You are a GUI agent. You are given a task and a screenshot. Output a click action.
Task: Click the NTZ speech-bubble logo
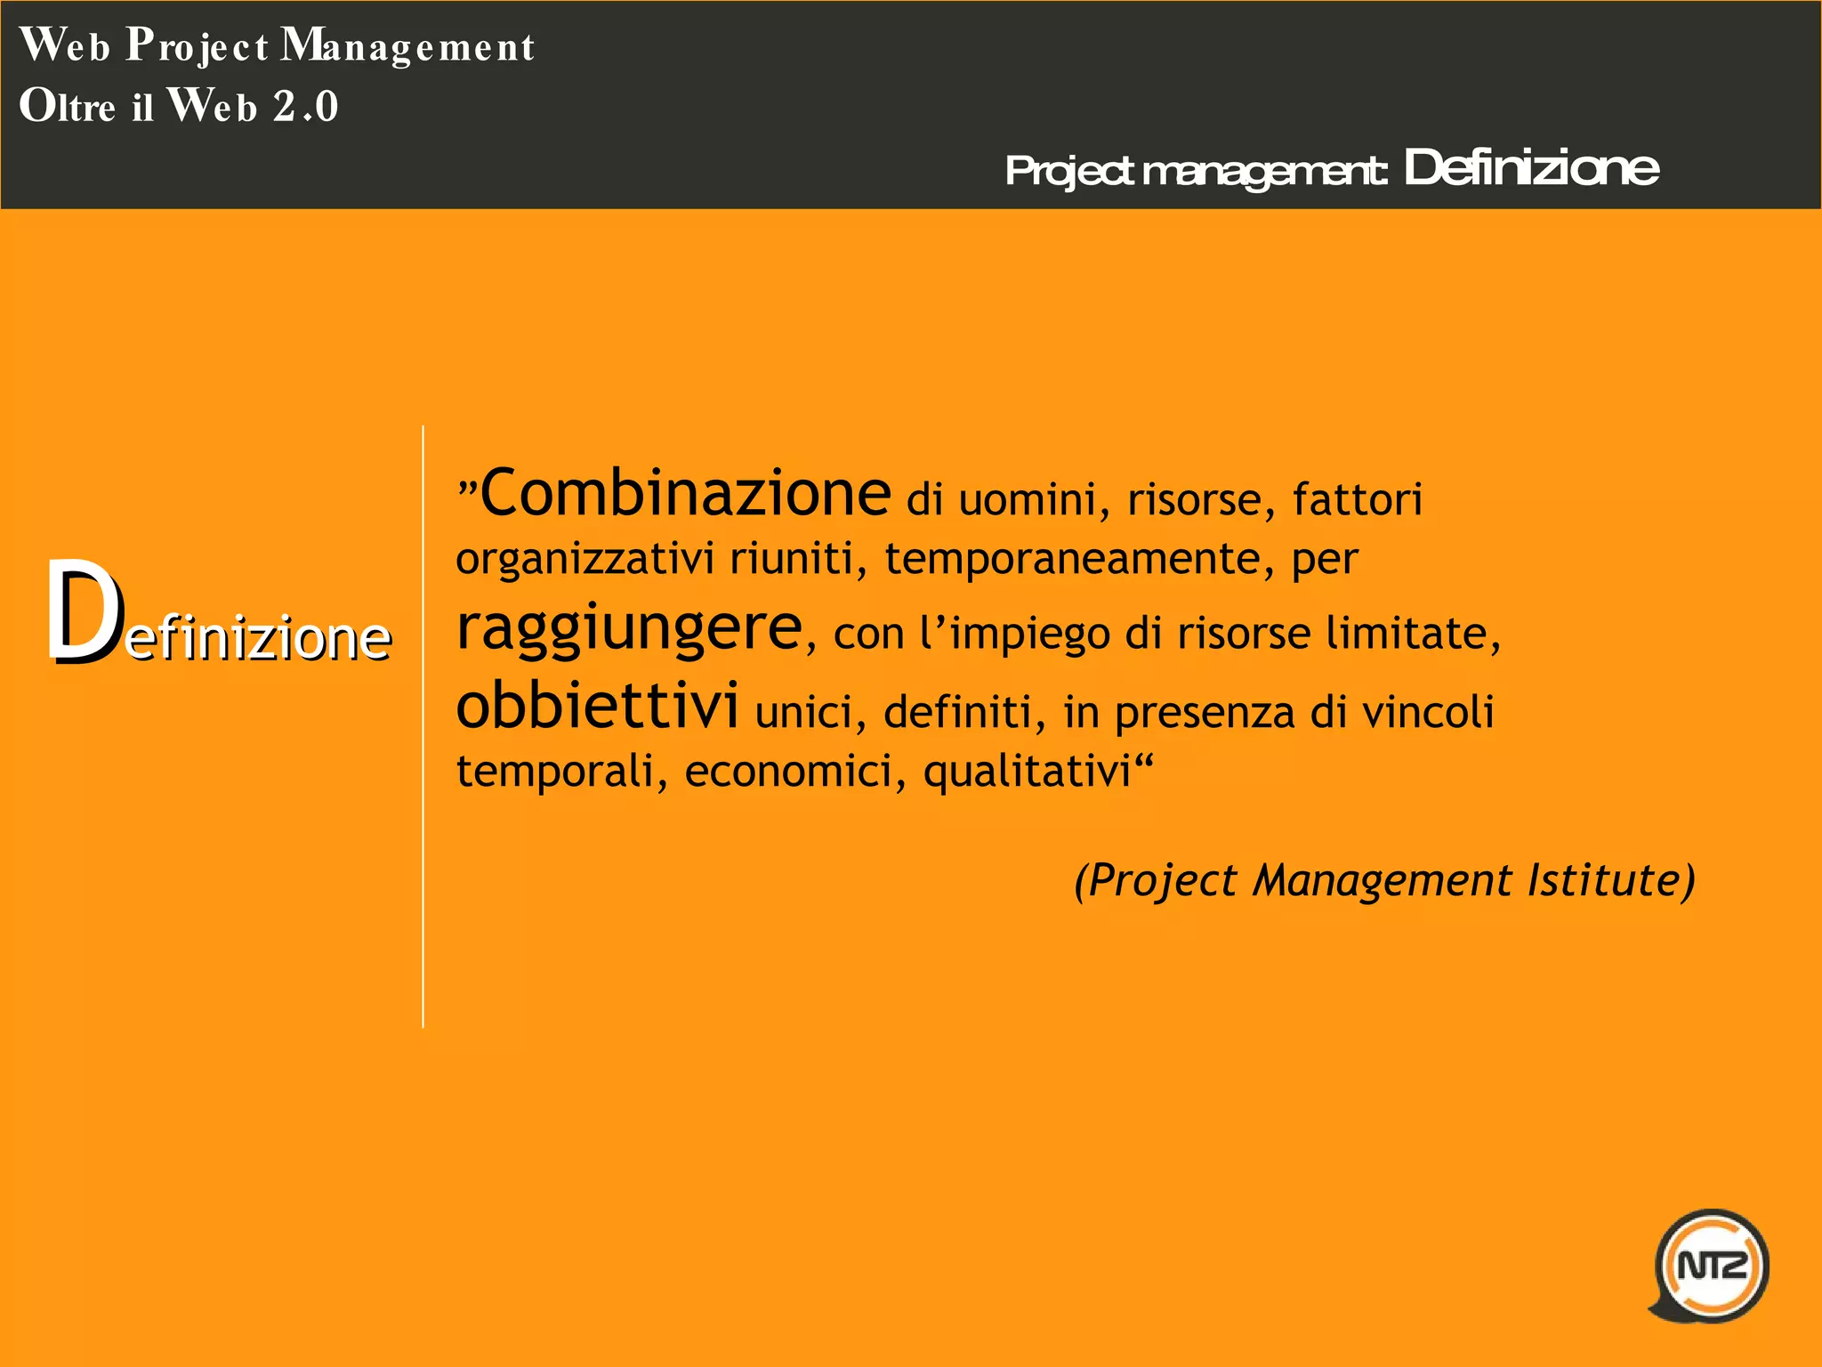tap(1711, 1265)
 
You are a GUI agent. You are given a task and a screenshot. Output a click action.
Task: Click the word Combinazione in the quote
tap(685, 493)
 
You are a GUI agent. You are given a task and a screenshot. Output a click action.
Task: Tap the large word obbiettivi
tap(597, 705)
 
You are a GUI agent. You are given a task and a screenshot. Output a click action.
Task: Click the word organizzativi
tap(584, 560)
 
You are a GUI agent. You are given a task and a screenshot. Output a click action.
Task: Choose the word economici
tap(788, 771)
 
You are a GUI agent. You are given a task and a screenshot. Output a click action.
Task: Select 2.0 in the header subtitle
tap(305, 107)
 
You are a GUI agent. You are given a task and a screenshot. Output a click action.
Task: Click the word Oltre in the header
tap(68, 106)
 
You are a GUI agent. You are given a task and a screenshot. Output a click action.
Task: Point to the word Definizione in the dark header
tap(1530, 167)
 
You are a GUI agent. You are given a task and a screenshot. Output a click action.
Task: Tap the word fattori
tap(1358, 499)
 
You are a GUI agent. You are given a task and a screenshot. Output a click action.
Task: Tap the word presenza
tap(1203, 712)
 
